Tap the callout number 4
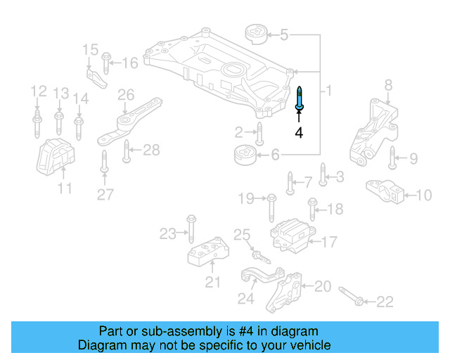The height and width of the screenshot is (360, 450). [x=299, y=132]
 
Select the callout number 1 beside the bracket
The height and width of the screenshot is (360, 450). [x=328, y=91]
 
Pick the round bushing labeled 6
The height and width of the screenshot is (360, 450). [x=244, y=153]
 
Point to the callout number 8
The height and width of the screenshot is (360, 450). [x=388, y=86]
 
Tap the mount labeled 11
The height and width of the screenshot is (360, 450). [x=56, y=157]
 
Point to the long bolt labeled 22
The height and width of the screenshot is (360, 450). [x=352, y=296]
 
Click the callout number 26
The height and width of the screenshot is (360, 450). [x=126, y=94]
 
